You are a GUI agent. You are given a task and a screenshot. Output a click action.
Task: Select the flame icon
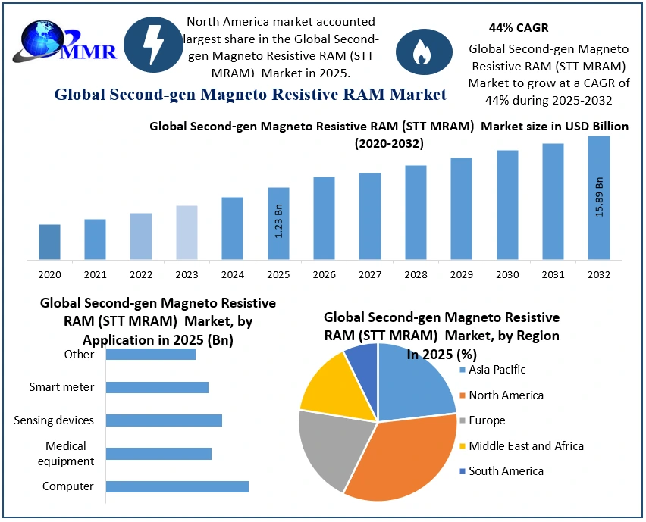tap(419, 52)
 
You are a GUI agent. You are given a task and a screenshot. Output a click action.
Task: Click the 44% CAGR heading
tap(508, 28)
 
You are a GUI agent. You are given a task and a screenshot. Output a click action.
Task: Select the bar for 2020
tap(49, 242)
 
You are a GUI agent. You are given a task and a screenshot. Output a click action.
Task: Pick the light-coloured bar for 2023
tap(187, 233)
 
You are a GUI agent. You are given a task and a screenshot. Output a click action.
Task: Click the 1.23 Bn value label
tap(278, 220)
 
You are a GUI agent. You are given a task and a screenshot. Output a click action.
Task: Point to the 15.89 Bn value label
tap(599, 197)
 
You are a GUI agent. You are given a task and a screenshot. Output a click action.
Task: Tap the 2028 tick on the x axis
tap(416, 274)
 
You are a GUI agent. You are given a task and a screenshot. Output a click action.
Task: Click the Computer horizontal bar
tap(177, 486)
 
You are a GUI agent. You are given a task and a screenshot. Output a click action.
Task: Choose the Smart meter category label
tap(62, 387)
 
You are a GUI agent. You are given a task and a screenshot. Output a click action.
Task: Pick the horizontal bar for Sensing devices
tap(164, 420)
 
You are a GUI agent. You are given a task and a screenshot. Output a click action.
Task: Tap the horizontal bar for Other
tap(150, 354)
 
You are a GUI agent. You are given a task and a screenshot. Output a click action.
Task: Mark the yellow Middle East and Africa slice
tap(330, 383)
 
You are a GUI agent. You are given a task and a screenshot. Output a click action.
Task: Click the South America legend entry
tap(505, 471)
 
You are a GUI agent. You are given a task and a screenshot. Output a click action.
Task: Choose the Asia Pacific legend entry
tap(496, 370)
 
